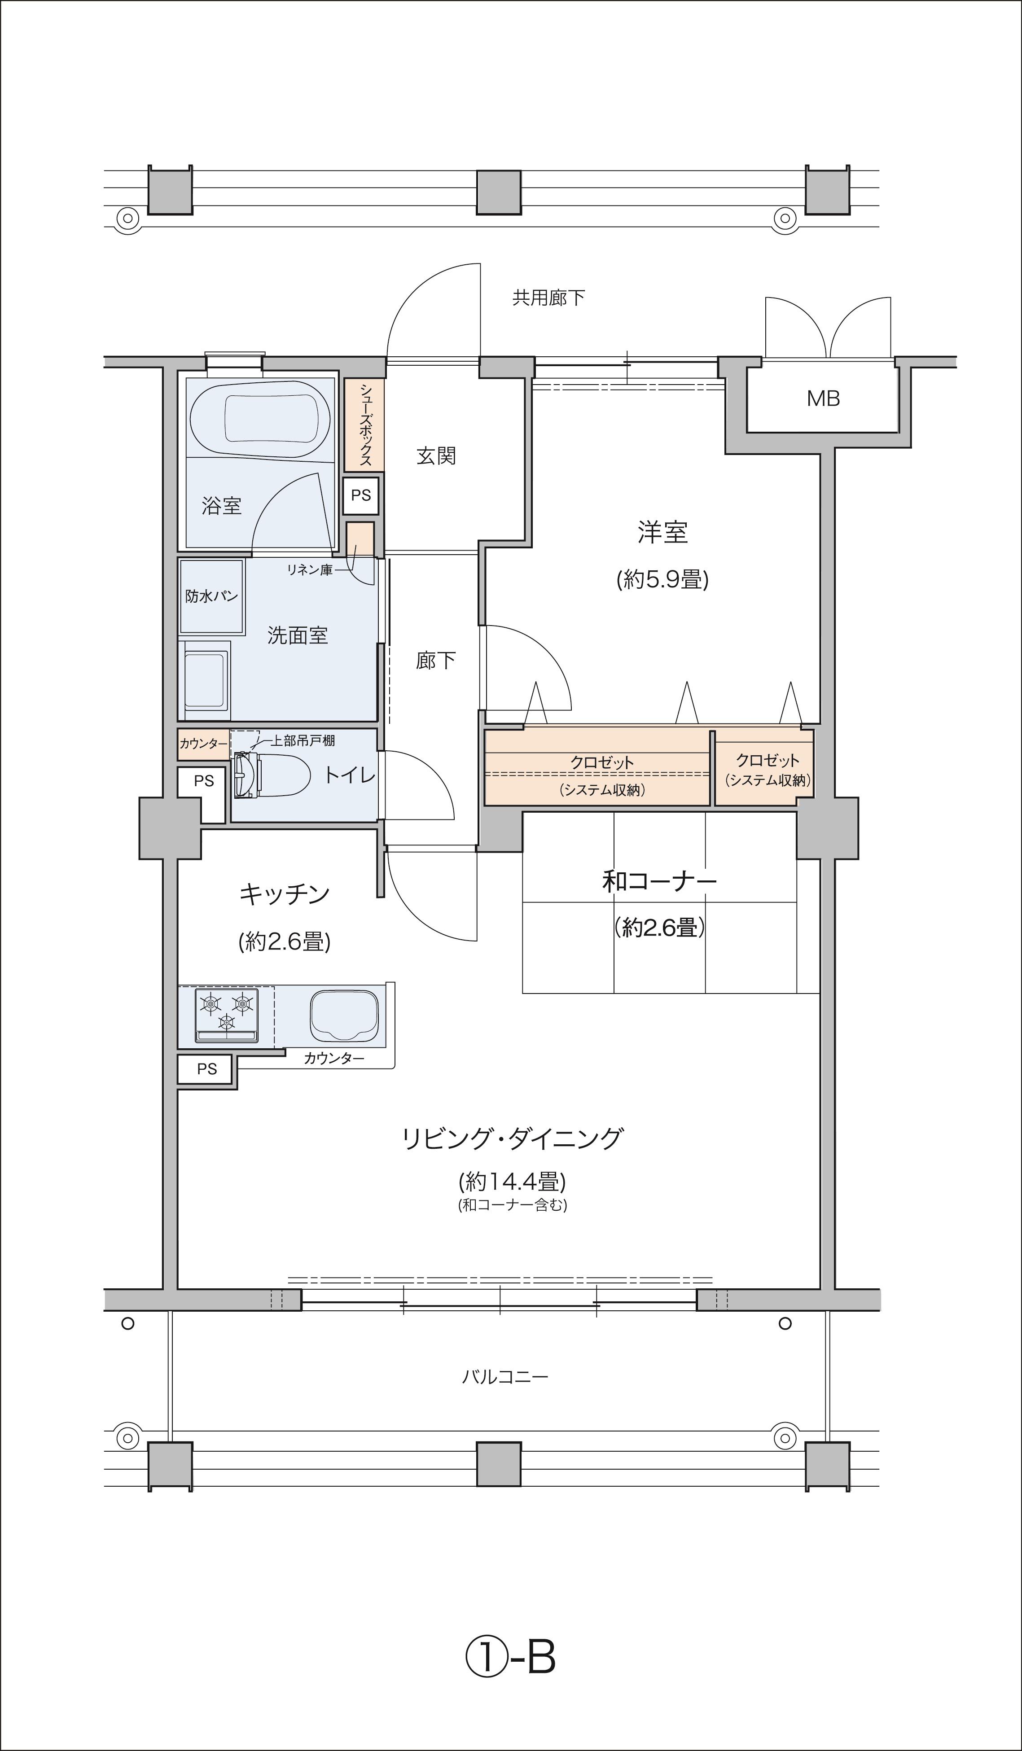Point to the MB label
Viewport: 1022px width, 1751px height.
tap(823, 399)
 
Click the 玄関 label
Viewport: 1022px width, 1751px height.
tap(436, 456)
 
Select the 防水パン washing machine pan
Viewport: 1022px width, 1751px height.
tap(212, 597)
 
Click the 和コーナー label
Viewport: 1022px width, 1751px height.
tap(659, 882)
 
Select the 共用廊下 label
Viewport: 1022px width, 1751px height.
tap(548, 298)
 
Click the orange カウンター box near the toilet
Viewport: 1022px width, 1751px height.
tap(203, 744)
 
